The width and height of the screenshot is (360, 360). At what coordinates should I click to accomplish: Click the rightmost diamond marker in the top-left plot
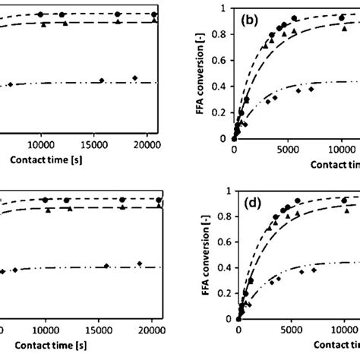point(134,78)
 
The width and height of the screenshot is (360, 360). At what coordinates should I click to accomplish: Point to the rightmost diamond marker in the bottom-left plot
point(139,263)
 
